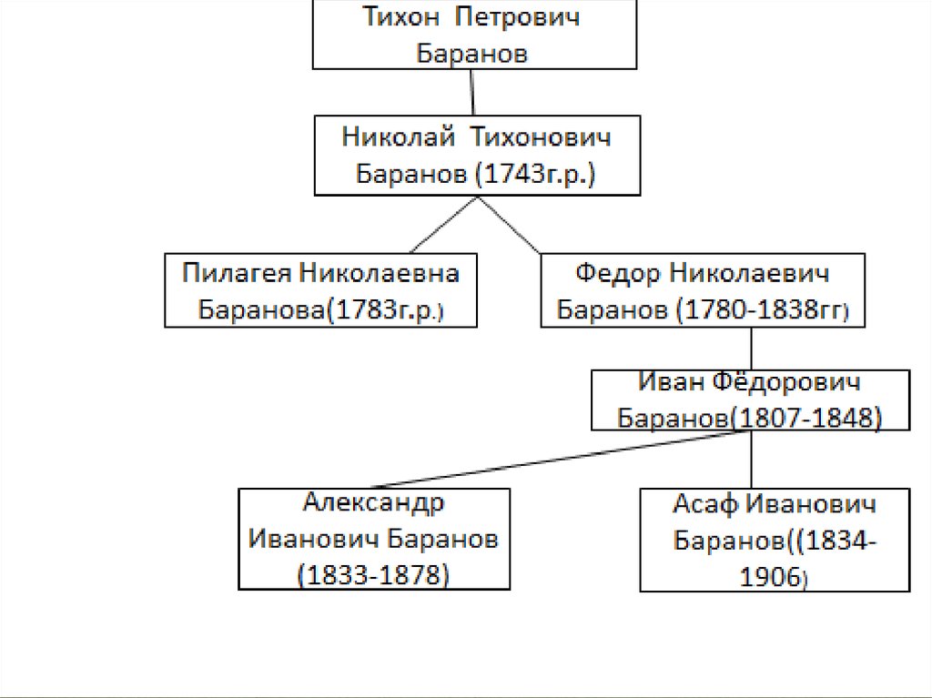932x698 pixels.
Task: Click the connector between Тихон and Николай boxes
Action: click(472, 91)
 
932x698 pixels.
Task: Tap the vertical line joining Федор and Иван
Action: click(751, 348)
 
